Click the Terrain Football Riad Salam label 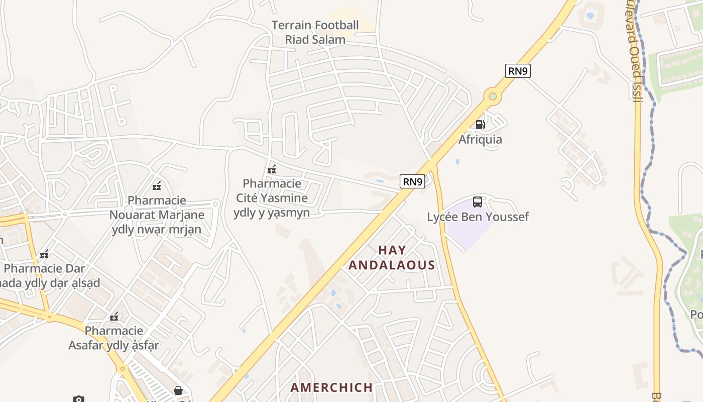click(x=315, y=32)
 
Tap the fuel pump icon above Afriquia click(x=480, y=125)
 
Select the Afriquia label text click(x=480, y=139)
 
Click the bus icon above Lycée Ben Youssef click(x=477, y=202)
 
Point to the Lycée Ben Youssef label click(x=478, y=217)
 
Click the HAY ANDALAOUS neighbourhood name click(x=392, y=257)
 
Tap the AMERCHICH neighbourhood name click(x=331, y=387)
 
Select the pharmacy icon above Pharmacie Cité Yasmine click(x=272, y=169)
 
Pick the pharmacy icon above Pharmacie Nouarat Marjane click(x=157, y=186)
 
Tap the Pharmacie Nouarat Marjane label click(x=157, y=215)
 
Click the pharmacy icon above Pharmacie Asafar click(x=114, y=317)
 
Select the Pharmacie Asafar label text click(x=114, y=338)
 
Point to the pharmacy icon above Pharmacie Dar click(x=44, y=254)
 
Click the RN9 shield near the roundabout click(x=518, y=71)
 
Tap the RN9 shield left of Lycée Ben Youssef click(x=413, y=181)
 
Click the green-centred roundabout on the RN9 click(x=493, y=96)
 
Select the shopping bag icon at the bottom click(x=178, y=390)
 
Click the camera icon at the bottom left click(x=79, y=399)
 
